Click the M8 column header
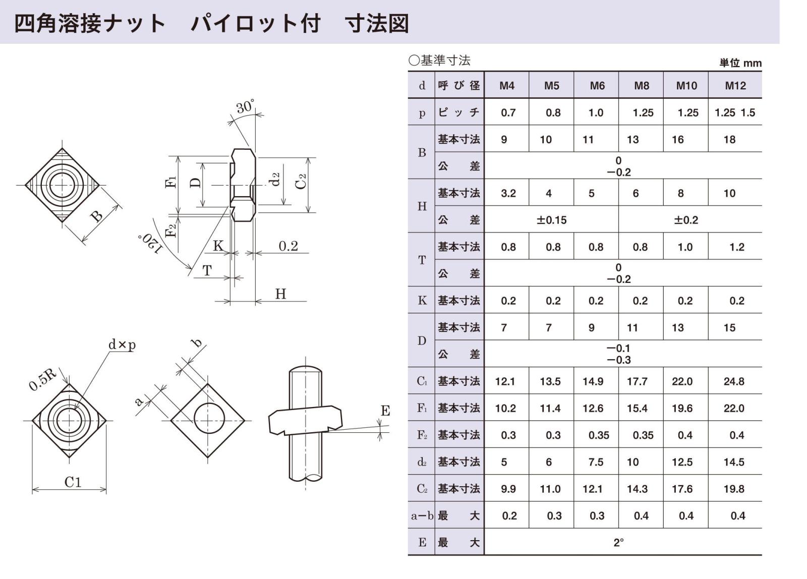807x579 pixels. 641,86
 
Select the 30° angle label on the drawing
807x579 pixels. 245,106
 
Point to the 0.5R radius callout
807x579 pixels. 42,379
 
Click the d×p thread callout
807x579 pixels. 122,345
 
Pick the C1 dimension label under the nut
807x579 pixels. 73,482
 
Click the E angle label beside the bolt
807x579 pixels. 385,411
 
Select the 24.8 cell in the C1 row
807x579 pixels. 734,382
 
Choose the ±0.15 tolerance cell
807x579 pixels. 551,220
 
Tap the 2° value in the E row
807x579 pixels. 618,543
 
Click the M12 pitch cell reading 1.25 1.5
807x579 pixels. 734,113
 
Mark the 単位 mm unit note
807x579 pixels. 740,63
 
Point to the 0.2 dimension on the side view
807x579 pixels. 288,246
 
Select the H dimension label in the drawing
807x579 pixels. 280,294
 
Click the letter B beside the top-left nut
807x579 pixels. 96,216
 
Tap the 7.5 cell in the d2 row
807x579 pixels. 596,462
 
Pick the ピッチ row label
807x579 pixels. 458,112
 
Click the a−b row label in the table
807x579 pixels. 422,516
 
